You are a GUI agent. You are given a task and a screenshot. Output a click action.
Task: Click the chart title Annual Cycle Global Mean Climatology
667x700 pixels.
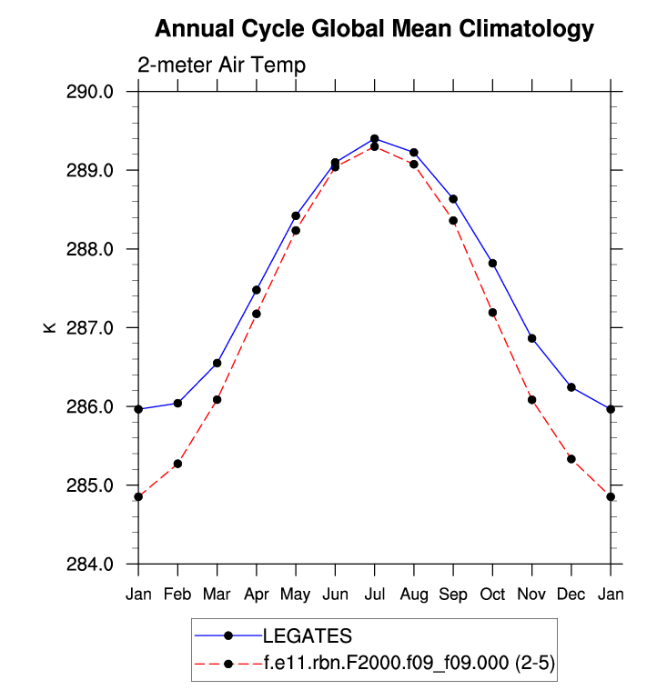click(x=374, y=29)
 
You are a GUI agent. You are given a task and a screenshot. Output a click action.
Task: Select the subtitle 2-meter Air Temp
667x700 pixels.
click(x=221, y=65)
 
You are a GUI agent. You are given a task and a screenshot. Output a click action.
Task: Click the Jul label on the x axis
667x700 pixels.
click(x=374, y=595)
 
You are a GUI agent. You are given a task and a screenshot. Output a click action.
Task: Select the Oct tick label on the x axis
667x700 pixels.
click(x=492, y=595)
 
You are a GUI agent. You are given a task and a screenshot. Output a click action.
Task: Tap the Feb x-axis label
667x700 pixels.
click(x=177, y=595)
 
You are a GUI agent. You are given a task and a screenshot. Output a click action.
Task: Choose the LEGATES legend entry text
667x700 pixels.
click(x=307, y=635)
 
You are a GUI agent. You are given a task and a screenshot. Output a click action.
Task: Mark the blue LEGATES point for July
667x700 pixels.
click(x=374, y=138)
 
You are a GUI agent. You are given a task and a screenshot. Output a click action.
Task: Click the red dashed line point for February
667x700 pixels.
click(x=177, y=464)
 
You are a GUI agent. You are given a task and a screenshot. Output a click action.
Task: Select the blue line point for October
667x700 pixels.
click(x=492, y=263)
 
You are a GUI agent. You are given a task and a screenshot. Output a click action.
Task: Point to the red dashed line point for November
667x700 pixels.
click(x=531, y=399)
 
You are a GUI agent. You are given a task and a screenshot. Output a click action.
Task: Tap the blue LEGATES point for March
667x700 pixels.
click(x=217, y=363)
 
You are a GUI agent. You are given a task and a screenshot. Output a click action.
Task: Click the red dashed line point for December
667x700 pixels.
click(x=571, y=459)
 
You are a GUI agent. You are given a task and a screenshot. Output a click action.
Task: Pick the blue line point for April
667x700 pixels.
click(x=257, y=290)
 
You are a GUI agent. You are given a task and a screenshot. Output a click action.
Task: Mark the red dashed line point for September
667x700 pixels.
click(x=453, y=220)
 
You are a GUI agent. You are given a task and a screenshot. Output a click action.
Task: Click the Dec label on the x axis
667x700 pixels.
click(x=571, y=595)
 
